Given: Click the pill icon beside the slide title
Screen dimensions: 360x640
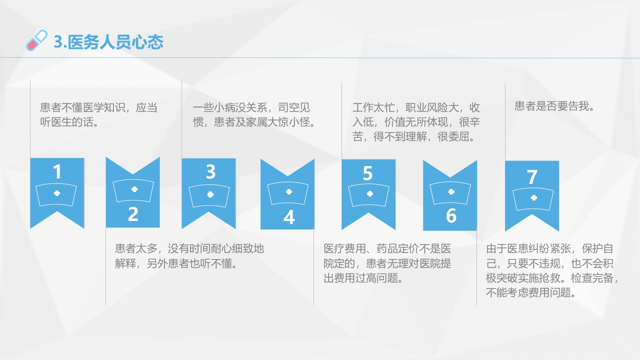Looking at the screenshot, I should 36,40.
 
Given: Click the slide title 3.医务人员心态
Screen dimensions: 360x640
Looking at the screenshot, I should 108,42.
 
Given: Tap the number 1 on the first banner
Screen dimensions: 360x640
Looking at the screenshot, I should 57,172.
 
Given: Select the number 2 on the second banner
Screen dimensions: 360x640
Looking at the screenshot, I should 133,214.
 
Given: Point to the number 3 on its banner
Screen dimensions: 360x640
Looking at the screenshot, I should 210,172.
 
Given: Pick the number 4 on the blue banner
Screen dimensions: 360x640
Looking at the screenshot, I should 289,217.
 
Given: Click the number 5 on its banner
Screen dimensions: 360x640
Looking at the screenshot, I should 368,173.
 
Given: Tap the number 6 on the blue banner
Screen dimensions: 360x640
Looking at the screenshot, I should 451,216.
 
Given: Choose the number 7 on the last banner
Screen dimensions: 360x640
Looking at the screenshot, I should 532,177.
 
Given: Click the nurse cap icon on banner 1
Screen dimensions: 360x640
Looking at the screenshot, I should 57,193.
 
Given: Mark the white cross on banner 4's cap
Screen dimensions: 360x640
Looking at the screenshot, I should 288,192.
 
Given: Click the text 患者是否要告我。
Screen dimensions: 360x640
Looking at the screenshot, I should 554,106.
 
